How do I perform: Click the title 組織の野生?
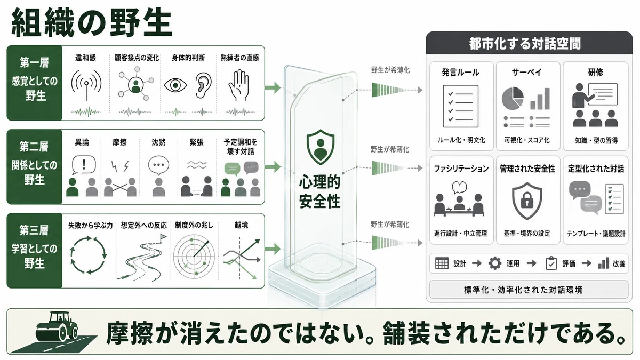91,22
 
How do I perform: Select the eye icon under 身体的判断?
175,85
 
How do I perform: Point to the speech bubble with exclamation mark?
83,165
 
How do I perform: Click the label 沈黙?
158,142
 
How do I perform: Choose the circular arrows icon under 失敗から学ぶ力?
88,255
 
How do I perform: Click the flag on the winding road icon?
163,237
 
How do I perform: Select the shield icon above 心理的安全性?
321,147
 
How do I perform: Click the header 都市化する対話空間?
525,44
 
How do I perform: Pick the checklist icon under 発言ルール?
461,106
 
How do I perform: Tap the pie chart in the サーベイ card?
513,98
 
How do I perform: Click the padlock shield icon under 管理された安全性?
527,201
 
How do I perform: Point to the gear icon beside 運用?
495,263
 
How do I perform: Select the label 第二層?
34,147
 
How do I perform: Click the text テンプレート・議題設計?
596,234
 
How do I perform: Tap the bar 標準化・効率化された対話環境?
529,290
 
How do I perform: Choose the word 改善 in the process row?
619,263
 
